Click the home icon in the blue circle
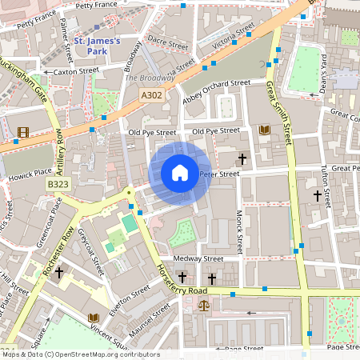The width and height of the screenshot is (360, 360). (x=180, y=173)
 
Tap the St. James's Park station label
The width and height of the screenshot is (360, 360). (x=96, y=46)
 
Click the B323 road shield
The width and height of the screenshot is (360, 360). (x=56, y=184)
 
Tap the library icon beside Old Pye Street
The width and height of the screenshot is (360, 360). (x=265, y=130)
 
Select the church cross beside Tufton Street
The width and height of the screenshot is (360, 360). (x=317, y=195)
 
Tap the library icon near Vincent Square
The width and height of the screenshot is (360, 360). (x=94, y=317)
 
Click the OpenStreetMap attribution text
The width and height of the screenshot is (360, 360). (x=80, y=354)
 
